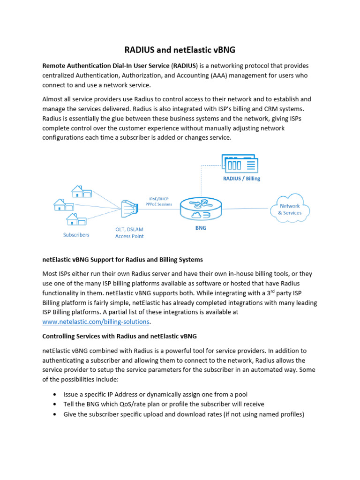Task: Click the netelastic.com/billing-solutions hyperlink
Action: pyautogui.click(x=96, y=322)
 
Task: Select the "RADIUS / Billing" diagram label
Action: pyautogui.click(x=241, y=179)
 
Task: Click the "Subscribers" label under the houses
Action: pyautogui.click(x=76, y=235)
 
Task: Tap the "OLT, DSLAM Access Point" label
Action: pyautogui.click(x=129, y=232)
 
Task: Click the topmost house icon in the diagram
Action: pyautogui.click(x=82, y=191)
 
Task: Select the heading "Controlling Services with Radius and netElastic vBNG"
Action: pyautogui.click(x=120, y=336)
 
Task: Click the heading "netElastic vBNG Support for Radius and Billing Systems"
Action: pyautogui.click(x=122, y=259)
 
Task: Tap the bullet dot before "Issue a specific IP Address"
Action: pyautogui.click(x=55, y=394)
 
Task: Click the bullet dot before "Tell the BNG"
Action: pyautogui.click(x=55, y=404)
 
